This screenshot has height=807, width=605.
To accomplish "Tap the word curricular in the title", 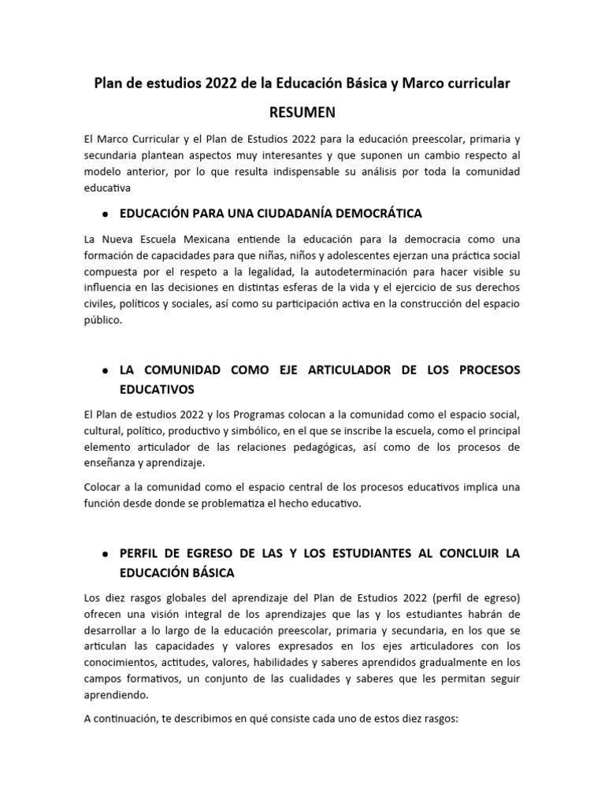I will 474,83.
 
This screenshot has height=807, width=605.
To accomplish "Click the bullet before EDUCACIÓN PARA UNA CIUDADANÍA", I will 105,214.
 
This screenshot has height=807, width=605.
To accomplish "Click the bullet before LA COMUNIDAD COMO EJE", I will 105,370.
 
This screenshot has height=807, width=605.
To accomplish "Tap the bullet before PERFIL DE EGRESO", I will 105,554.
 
